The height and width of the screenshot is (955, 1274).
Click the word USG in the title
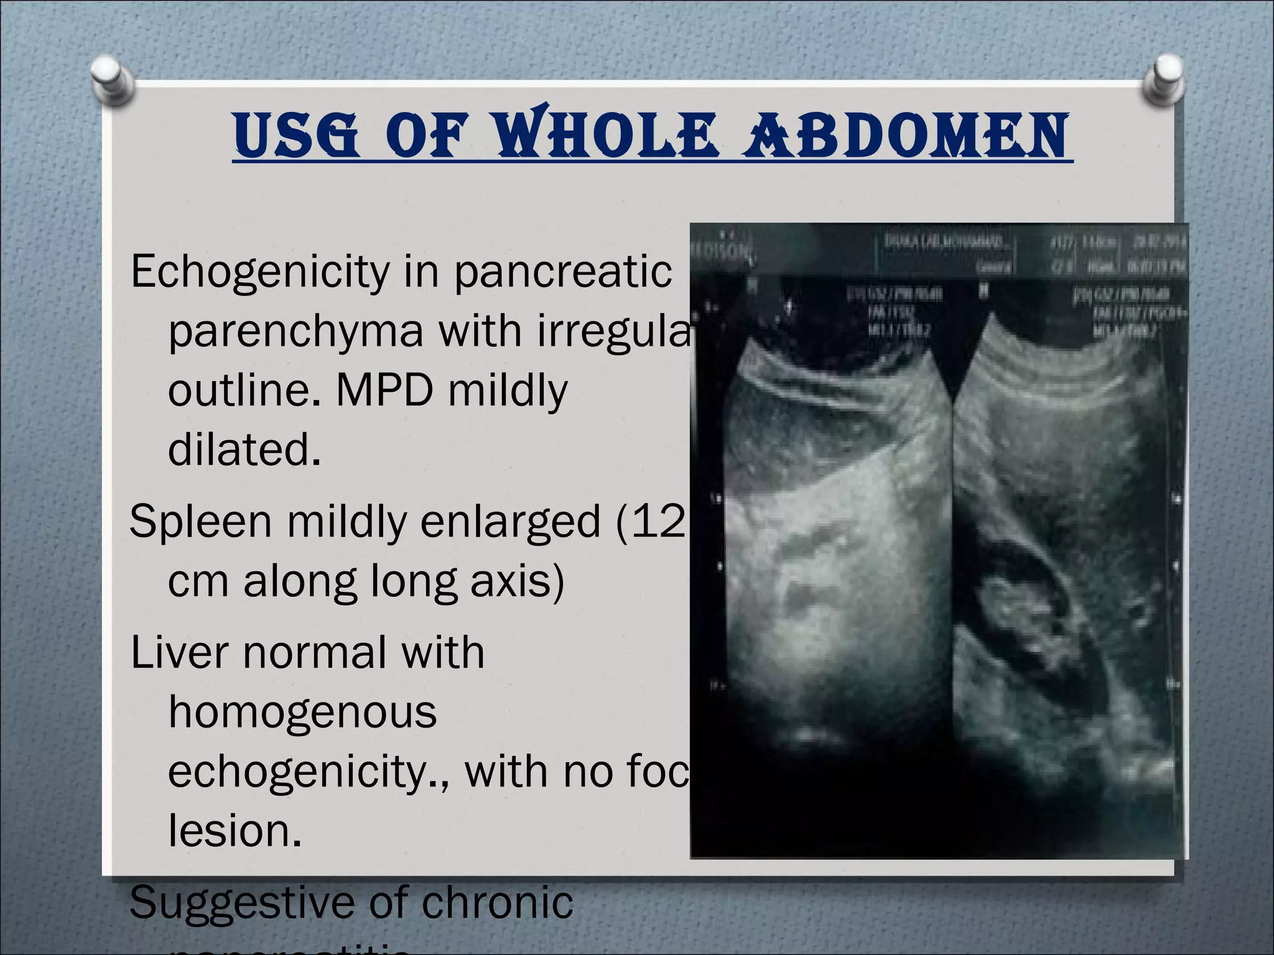pyautogui.click(x=296, y=136)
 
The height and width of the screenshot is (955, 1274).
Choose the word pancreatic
pyautogui.click(x=562, y=272)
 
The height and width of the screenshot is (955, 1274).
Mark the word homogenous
pyautogui.click(x=302, y=712)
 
